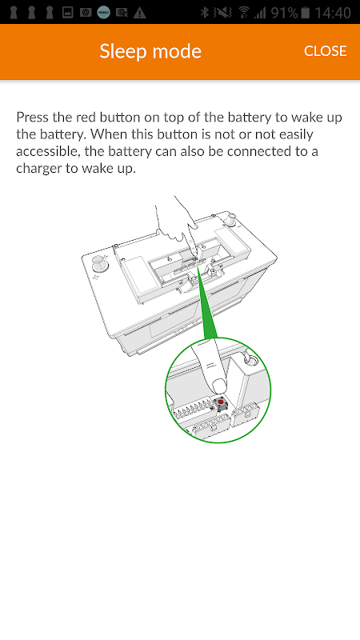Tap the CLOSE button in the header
[326, 51]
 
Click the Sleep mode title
[150, 51]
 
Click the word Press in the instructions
[31, 118]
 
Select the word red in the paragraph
[85, 118]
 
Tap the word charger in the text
[39, 170]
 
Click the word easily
[294, 135]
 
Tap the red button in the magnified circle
[221, 403]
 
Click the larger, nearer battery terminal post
[99, 263]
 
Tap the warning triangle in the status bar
[139, 13]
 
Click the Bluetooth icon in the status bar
[205, 13]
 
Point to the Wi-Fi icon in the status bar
[244, 13]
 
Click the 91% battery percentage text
[284, 13]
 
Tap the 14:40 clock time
[333, 13]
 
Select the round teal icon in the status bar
[104, 13]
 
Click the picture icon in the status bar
[68, 13]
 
